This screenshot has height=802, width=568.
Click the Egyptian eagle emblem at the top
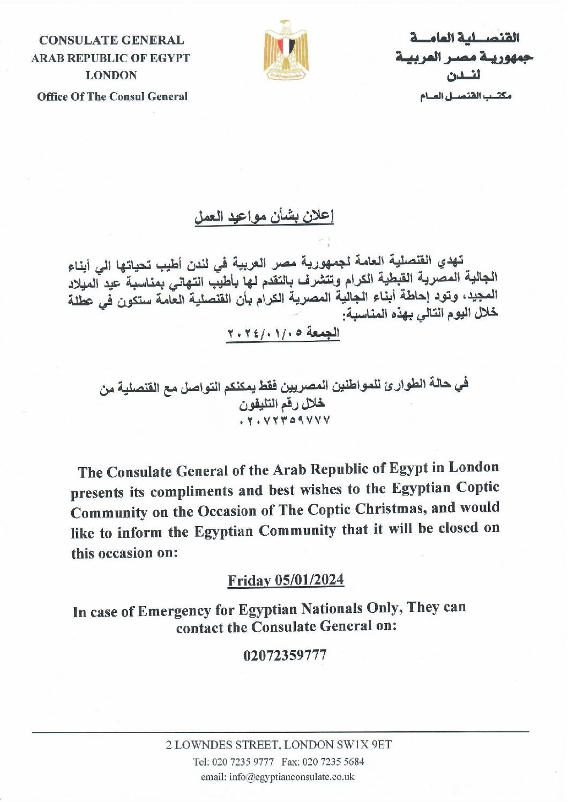click(x=286, y=51)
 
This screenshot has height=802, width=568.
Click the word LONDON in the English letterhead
click(x=111, y=76)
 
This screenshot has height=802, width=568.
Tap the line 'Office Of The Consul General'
click(x=112, y=97)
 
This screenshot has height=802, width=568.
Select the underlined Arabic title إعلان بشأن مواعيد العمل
click(x=264, y=217)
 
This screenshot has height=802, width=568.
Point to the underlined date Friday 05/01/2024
click(x=286, y=581)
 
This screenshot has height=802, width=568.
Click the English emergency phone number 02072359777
click(x=285, y=655)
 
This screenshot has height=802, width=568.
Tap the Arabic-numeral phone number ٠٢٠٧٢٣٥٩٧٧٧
click(x=285, y=421)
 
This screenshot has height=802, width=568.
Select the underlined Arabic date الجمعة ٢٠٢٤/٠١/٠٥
click(x=283, y=333)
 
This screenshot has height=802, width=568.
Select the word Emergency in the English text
click(x=174, y=611)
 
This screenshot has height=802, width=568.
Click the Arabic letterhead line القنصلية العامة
click(x=464, y=39)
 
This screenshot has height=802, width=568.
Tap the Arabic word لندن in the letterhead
click(x=464, y=76)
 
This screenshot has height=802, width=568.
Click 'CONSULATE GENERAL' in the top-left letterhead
click(x=111, y=40)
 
